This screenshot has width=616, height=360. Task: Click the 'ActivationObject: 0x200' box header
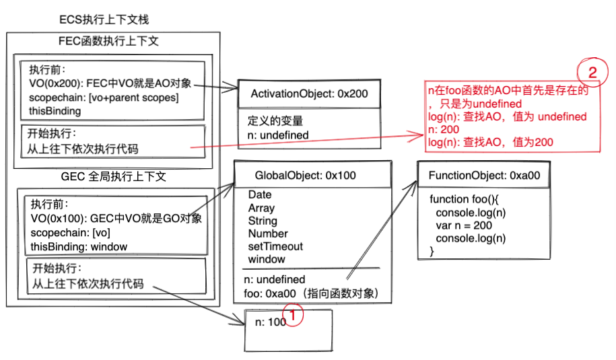point(309,94)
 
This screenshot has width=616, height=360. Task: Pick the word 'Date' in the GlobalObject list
point(260,195)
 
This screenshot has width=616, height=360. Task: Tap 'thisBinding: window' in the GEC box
point(79,246)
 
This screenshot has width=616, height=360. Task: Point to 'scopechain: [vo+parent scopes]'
point(104,98)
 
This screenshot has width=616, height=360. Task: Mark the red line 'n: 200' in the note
point(444,129)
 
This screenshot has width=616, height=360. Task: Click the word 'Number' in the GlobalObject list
point(268,233)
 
